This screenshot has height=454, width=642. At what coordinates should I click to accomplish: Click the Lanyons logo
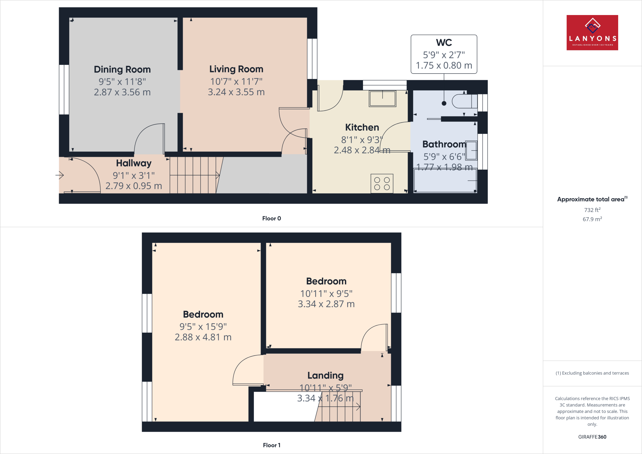pyautogui.click(x=592, y=33)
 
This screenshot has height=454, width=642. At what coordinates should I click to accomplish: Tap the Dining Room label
pyautogui.click(x=122, y=69)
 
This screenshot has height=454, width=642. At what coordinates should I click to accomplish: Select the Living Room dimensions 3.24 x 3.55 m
pyautogui.click(x=236, y=92)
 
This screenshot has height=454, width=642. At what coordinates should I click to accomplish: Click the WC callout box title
pyautogui.click(x=444, y=43)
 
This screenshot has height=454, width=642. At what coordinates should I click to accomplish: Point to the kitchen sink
pyautogui.click(x=382, y=98)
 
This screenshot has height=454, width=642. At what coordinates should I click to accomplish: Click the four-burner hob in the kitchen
pyautogui.click(x=382, y=183)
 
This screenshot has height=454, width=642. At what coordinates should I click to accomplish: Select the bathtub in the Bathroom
pyautogui.click(x=445, y=181)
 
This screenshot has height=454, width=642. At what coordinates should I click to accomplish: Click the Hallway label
pyautogui.click(x=134, y=163)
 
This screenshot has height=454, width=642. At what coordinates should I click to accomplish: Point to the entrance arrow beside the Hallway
pyautogui.click(x=60, y=175)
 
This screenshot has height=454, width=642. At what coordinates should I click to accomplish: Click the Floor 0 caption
pyautogui.click(x=271, y=219)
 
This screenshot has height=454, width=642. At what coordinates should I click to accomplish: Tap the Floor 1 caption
pyautogui.click(x=271, y=445)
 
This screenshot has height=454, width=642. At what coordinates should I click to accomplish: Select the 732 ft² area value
pyautogui.click(x=592, y=210)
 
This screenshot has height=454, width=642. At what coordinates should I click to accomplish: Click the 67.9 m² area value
pyautogui.click(x=592, y=219)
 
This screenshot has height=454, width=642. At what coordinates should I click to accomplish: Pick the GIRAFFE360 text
pyautogui.click(x=592, y=437)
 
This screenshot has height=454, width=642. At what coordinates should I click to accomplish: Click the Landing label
pyautogui.click(x=325, y=375)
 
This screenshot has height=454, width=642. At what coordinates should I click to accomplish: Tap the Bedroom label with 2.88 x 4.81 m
pyautogui.click(x=203, y=314)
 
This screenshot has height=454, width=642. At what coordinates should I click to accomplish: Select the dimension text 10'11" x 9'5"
pyautogui.click(x=326, y=293)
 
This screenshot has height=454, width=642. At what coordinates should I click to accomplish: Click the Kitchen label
pyautogui.click(x=362, y=127)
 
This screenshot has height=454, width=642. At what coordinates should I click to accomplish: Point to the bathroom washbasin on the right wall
pyautogui.click(x=471, y=150)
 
